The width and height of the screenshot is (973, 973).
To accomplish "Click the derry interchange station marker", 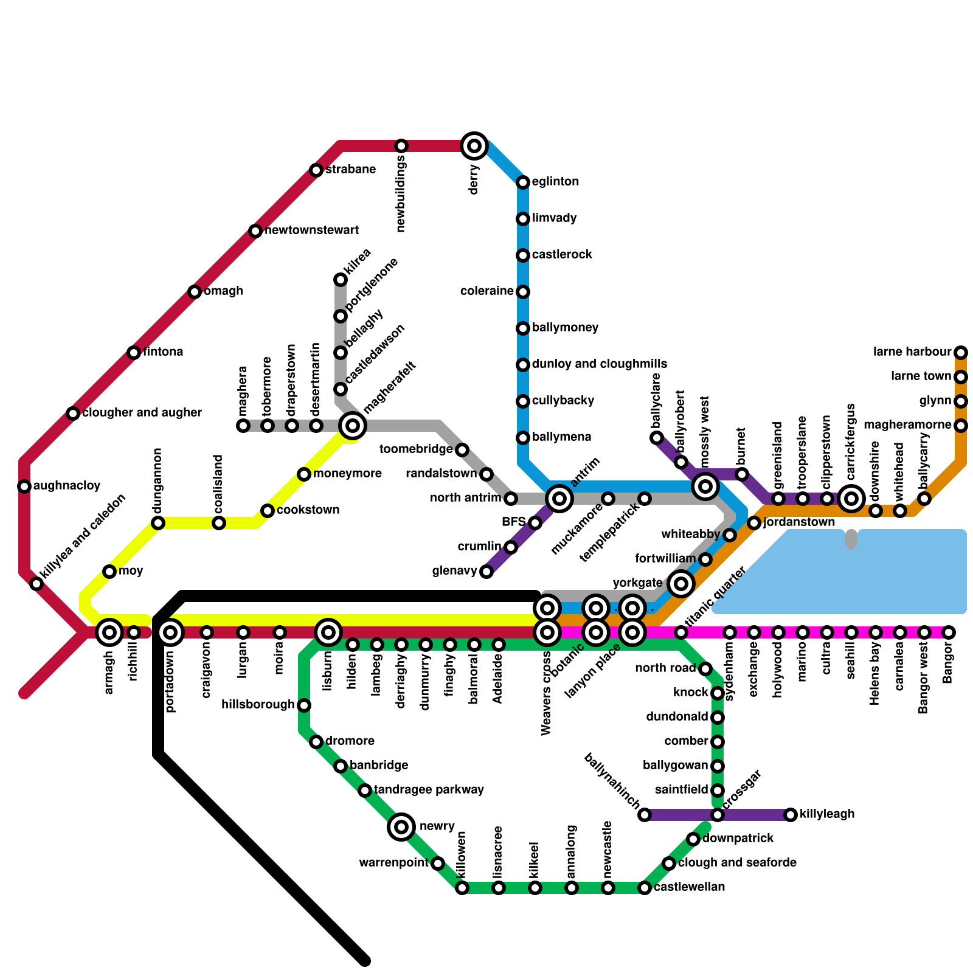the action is tap(474, 146).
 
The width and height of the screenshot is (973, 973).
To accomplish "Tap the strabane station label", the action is tap(350, 170).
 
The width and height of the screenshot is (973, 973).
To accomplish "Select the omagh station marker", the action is tap(195, 292).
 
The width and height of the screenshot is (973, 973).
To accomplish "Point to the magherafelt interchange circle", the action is tap(353, 426).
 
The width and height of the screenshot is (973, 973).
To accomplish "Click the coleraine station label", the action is tap(486, 291).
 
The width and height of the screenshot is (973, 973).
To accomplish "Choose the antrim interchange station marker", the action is tap(559, 499).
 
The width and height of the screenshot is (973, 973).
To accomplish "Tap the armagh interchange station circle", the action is tap(109, 632).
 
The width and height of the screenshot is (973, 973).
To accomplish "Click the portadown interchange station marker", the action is tap(171, 632).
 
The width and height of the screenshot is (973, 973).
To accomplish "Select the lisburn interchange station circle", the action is tap(328, 632).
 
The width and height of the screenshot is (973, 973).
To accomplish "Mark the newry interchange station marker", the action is tap(401, 827).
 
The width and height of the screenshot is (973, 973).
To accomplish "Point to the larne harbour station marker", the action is tap(961, 353).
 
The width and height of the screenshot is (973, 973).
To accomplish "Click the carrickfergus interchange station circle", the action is tap(851, 499).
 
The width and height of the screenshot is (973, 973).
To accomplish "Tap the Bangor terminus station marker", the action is tap(949, 632).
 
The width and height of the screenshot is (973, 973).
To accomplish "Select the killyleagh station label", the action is tap(827, 814).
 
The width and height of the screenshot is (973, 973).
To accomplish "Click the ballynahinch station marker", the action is tap(645, 815).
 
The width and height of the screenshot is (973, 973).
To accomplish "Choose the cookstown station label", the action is tap(308, 510).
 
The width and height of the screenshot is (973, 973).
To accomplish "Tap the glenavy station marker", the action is tap(486, 572).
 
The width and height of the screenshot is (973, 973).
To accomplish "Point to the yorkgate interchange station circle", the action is tap(681, 584).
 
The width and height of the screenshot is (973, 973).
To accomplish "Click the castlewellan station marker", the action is tap(645, 888).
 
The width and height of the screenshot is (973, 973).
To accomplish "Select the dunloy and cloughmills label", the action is tap(600, 364).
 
